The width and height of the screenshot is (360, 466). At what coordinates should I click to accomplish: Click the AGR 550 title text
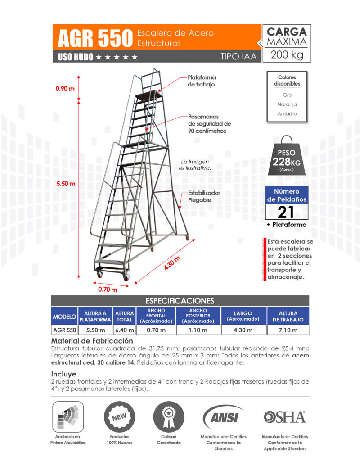[94, 38]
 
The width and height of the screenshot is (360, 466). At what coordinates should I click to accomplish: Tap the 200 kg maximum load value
[287, 56]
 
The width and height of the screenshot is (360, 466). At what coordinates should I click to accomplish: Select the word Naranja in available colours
[287, 104]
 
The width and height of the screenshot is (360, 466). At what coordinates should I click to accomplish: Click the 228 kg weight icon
[287, 156]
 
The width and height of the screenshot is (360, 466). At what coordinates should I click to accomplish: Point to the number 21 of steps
[287, 212]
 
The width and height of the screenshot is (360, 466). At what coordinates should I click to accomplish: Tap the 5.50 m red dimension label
[66, 184]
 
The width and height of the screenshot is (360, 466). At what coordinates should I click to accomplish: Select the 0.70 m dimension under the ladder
[108, 290]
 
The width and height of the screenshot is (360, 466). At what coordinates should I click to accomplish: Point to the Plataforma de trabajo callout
[201, 81]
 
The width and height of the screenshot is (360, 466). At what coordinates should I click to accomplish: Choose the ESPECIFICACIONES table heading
[180, 301]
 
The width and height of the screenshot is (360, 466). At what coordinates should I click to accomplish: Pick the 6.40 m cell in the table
[125, 330]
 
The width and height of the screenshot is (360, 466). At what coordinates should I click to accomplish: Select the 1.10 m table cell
[198, 330]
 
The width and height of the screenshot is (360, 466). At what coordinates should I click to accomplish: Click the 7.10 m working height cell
[288, 330]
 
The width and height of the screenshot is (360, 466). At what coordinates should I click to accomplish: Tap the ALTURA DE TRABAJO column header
[288, 316]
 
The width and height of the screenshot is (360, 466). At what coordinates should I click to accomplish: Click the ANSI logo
[223, 417]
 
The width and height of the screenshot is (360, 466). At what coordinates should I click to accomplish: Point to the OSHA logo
[284, 417]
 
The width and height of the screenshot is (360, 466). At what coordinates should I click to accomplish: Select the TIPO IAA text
[238, 57]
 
